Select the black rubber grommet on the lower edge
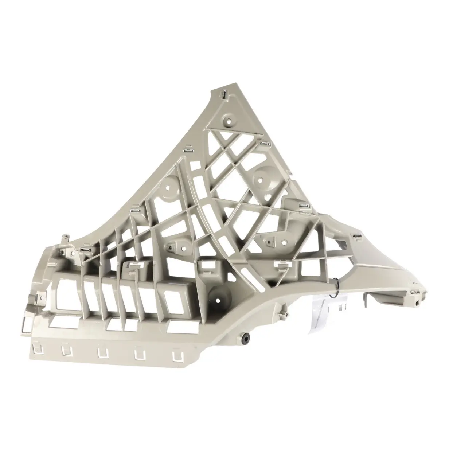click(244, 339)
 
